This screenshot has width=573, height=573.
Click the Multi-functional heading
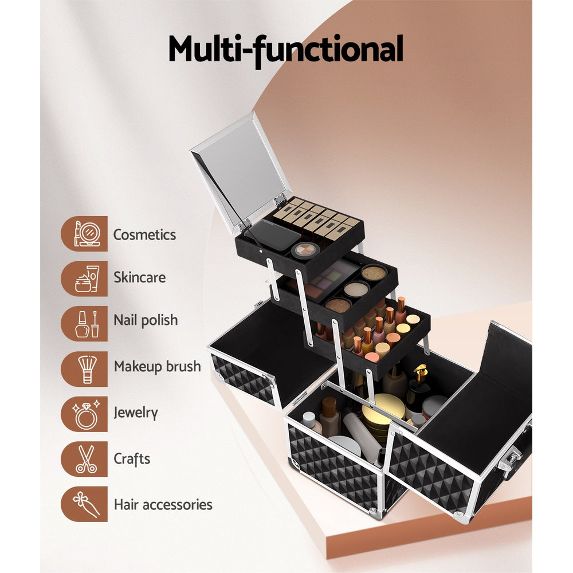click(x=285, y=50)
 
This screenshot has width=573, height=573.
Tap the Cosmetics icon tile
click(x=84, y=233)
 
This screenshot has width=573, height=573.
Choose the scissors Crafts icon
click(x=84, y=459)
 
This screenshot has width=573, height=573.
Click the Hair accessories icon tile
click(x=84, y=504)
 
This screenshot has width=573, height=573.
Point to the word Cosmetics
click(x=144, y=234)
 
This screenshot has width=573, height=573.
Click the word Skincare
click(x=139, y=278)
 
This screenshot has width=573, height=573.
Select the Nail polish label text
click(x=146, y=320)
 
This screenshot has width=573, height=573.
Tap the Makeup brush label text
click(x=158, y=367)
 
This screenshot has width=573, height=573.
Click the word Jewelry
click(x=136, y=413)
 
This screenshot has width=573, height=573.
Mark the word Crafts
click(x=132, y=458)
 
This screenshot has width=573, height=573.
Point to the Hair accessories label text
click(x=163, y=505)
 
